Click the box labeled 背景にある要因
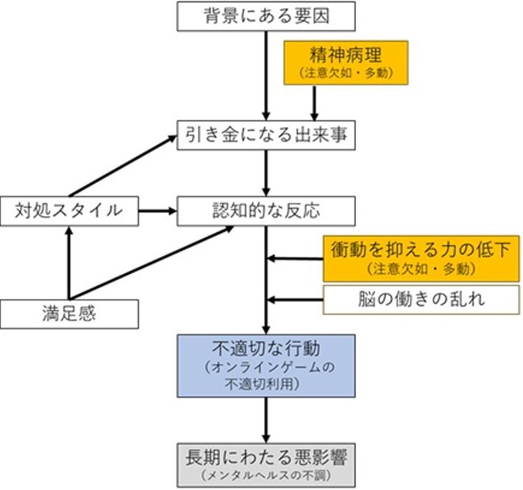pos(266,15)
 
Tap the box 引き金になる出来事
pos(266,135)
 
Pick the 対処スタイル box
pos(69,210)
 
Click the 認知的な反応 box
pos(266,210)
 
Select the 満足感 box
pos(69,314)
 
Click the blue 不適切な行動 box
pos(266,365)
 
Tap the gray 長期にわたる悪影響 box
pos(266,462)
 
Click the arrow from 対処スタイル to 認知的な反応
pos(157,211)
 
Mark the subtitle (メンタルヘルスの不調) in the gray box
pos(266,474)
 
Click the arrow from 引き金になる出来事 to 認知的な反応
pos(266,173)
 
